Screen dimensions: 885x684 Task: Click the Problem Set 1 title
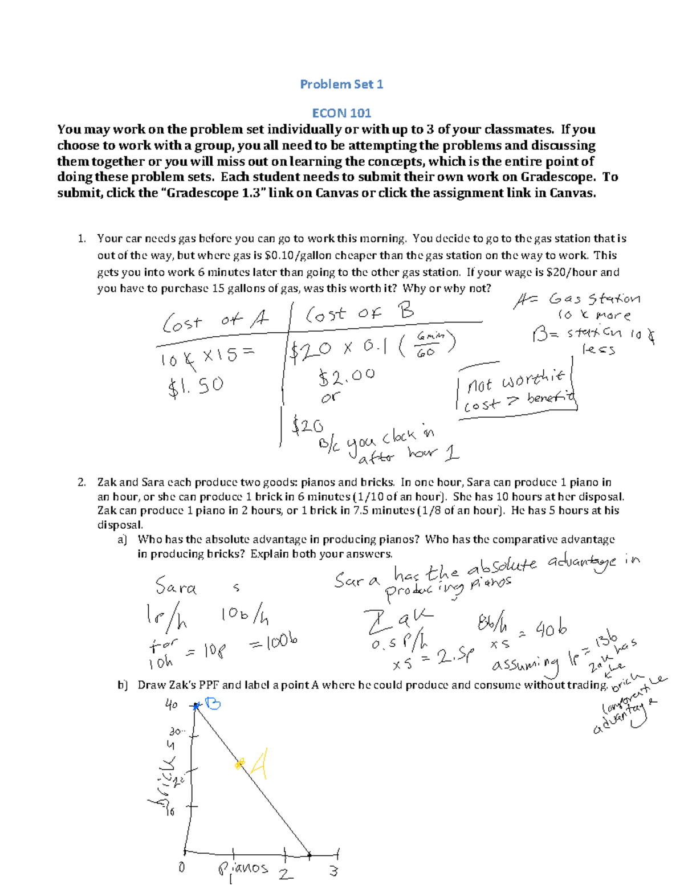click(x=341, y=84)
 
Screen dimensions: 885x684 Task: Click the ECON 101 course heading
click(x=341, y=113)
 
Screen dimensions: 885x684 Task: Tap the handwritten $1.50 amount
click(x=196, y=386)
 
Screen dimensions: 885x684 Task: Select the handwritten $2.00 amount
click(x=346, y=376)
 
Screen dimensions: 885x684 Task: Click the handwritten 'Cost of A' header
click(x=215, y=321)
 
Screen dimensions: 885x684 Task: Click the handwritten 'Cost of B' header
click(x=360, y=313)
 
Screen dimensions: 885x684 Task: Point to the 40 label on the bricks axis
click(x=171, y=705)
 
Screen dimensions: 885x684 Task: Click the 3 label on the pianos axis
click(x=333, y=871)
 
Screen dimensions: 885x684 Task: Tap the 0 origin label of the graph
click(x=181, y=867)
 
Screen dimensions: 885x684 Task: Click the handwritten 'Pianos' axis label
click(x=243, y=868)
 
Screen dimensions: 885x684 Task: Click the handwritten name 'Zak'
click(x=398, y=619)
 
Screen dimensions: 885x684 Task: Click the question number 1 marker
click(x=82, y=239)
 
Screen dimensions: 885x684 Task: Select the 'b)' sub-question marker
click(x=123, y=685)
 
